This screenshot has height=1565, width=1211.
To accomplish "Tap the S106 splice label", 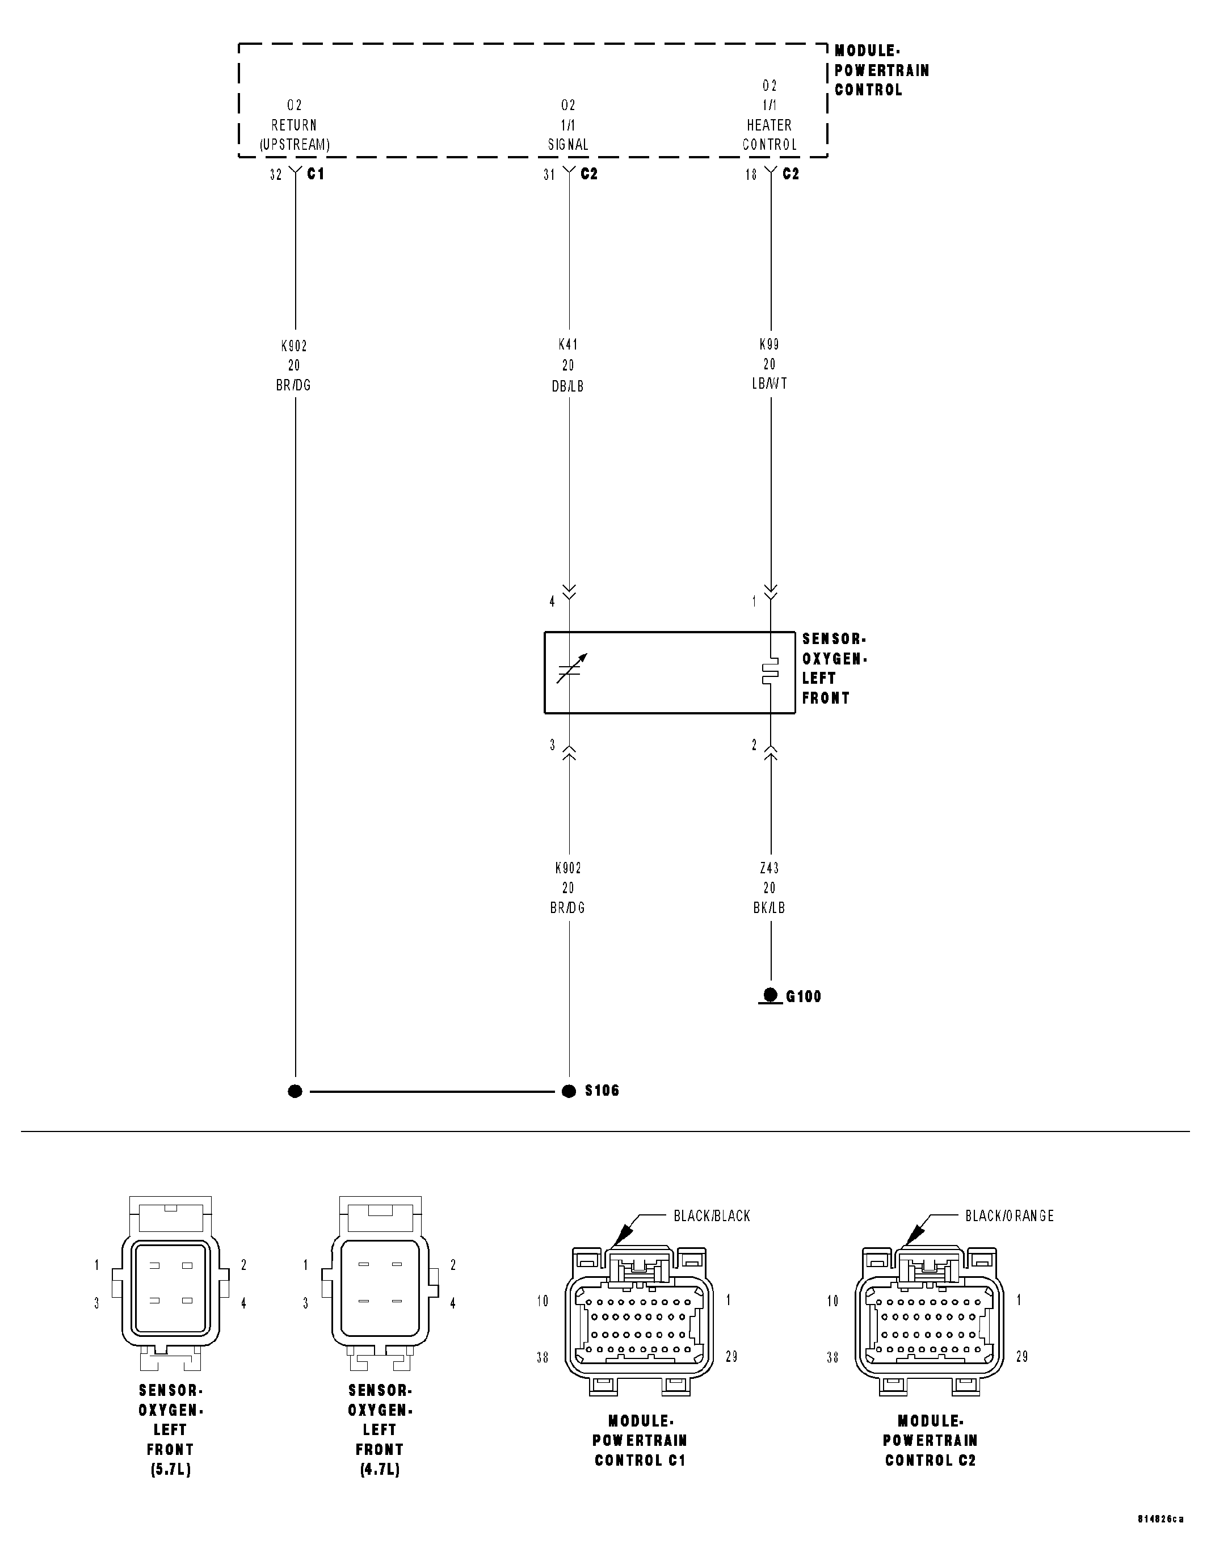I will [x=602, y=1090].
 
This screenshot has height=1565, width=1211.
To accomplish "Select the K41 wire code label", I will [x=568, y=344].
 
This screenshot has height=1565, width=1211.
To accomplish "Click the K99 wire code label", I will [x=770, y=344].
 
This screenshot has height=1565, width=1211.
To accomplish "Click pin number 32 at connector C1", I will [x=276, y=175].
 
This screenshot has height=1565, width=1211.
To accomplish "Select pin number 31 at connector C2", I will [x=549, y=175].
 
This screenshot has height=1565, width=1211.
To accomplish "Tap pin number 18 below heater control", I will [x=751, y=175].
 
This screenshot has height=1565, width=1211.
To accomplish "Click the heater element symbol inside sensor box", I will [x=770, y=671].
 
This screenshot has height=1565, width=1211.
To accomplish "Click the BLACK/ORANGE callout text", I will [x=1009, y=1215].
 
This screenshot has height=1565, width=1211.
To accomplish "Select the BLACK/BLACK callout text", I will [x=712, y=1215].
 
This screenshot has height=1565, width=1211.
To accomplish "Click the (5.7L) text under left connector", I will [x=171, y=1470].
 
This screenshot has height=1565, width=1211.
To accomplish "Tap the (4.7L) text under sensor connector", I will [x=380, y=1470].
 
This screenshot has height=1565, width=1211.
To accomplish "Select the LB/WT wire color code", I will [x=770, y=384].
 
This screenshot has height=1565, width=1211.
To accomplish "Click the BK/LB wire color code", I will [x=770, y=908].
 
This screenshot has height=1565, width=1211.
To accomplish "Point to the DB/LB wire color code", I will [x=568, y=386].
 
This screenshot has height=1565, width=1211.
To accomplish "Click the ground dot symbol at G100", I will [x=770, y=995].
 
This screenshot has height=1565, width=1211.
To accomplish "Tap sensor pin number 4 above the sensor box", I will [x=552, y=602].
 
